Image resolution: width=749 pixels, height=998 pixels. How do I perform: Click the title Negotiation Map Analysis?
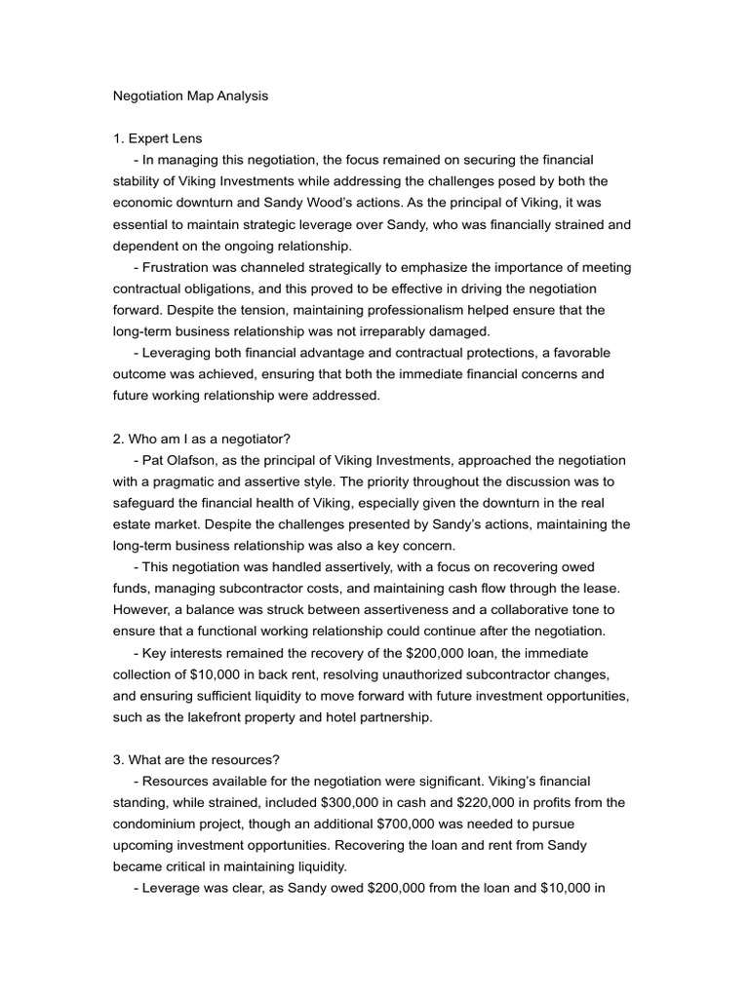(x=190, y=96)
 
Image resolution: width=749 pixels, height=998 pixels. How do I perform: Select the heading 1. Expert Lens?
(x=158, y=138)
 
